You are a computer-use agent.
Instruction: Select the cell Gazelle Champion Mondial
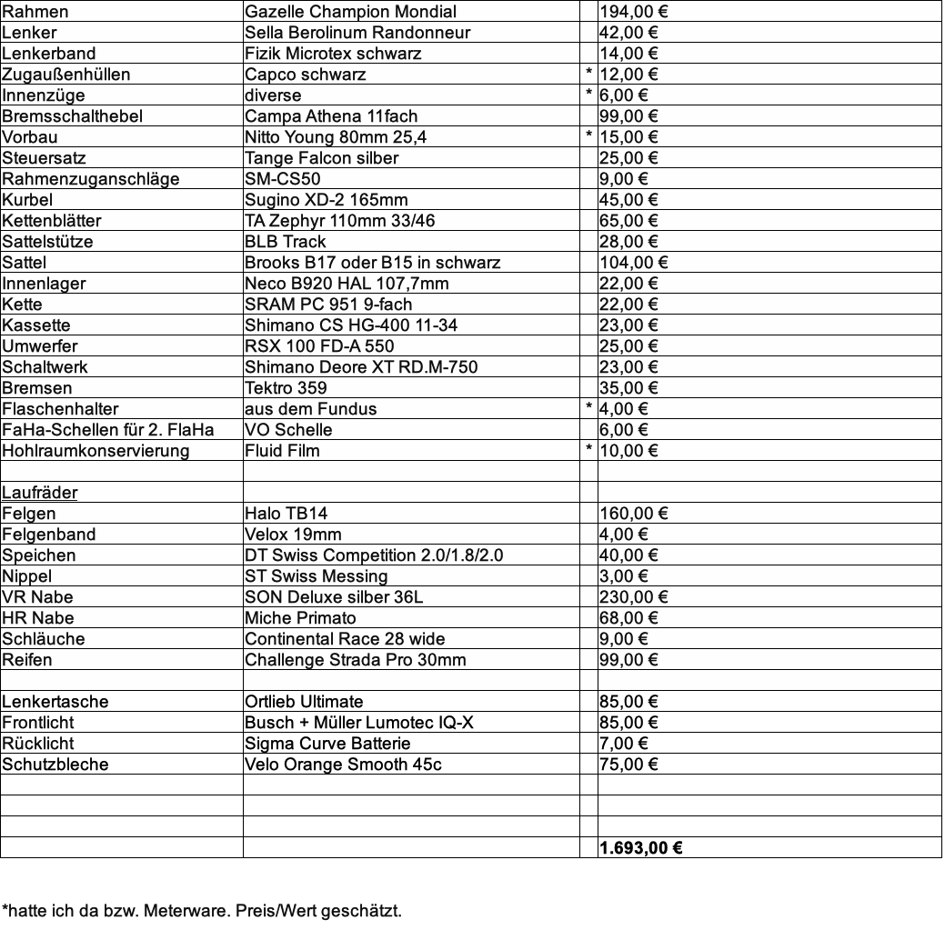point(350,12)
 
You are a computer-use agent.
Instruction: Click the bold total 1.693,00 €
point(641,848)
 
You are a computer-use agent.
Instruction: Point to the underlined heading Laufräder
point(40,493)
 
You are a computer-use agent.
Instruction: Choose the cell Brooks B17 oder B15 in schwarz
point(372,263)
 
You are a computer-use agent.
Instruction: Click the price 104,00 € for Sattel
point(633,263)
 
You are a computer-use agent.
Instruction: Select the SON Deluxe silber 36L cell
point(334,597)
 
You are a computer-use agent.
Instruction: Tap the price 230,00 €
point(633,597)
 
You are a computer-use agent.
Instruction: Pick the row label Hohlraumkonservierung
point(96,451)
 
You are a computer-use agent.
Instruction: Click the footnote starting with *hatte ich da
point(201,910)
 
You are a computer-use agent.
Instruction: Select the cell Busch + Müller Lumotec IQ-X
point(358,723)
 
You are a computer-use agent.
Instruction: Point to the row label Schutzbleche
point(55,765)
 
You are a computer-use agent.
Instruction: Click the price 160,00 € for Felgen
point(633,514)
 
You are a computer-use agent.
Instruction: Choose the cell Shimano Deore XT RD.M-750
point(361,367)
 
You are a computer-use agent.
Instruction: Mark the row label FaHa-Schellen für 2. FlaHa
point(108,430)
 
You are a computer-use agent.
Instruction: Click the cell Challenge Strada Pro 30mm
point(355,660)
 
